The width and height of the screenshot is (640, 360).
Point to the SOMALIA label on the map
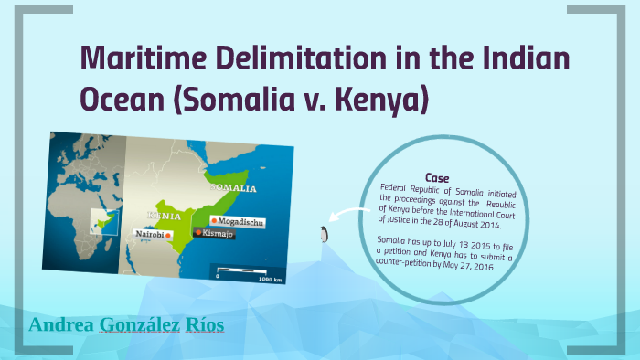coord(233,188)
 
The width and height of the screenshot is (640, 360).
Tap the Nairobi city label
coord(149,235)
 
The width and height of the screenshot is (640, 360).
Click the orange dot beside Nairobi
coord(169,236)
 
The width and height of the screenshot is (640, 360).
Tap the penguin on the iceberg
coord(322,234)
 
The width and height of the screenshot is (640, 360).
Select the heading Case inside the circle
coord(437,177)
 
